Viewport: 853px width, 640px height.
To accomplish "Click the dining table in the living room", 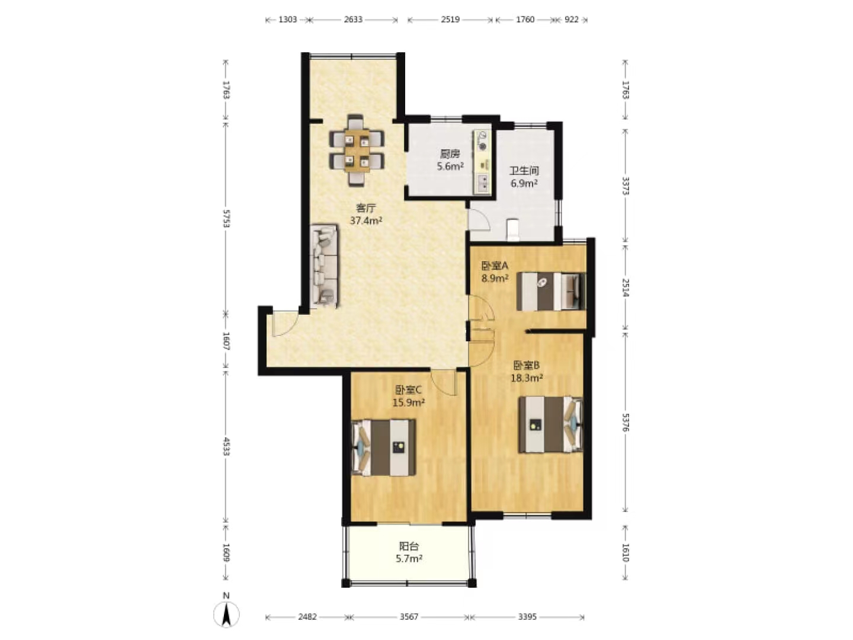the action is point(357,151).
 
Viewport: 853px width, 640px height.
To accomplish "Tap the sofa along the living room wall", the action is point(325,266).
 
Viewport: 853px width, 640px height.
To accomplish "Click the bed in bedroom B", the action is point(551,424).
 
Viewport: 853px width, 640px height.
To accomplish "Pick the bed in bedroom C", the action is point(383,447).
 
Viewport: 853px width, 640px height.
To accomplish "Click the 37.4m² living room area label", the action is point(366,220).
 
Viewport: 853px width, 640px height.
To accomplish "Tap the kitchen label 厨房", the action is point(450,154).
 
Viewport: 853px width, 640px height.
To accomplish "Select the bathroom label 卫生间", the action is point(524,171).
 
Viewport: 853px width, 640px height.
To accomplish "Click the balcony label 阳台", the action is point(409,546).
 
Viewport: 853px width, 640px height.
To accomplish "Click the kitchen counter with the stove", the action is point(482,162).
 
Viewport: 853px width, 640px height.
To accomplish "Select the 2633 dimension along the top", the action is point(353,20).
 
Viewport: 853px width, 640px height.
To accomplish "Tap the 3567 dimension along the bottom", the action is point(409,617).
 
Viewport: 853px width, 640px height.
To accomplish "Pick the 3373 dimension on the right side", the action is point(626,185).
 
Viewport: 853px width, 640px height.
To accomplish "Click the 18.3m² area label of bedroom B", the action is point(527,377).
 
